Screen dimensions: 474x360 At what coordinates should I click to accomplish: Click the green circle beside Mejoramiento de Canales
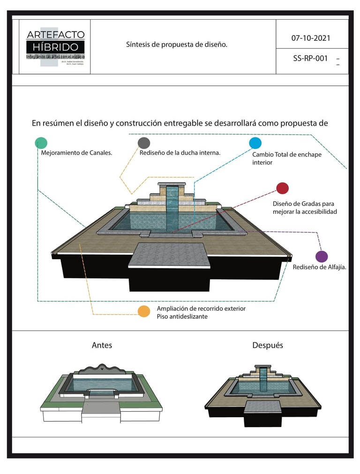tap(41, 143)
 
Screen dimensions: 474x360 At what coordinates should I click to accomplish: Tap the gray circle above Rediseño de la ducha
tap(144, 143)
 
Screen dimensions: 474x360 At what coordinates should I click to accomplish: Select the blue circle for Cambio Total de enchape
tap(255, 143)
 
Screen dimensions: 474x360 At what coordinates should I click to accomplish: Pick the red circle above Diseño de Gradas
tap(282, 188)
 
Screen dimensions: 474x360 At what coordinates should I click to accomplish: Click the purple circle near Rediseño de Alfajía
tap(321, 256)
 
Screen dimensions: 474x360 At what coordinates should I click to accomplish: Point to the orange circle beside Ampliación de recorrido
tap(144, 311)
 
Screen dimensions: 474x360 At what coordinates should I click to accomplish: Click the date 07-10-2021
tap(310, 38)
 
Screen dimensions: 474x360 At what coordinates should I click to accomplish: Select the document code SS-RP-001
tap(310, 59)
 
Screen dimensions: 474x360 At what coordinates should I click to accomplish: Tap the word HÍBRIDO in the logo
tap(55, 47)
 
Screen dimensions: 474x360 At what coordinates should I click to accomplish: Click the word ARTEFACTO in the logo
tap(55, 35)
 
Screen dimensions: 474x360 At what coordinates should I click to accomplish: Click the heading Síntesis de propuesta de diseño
tap(177, 45)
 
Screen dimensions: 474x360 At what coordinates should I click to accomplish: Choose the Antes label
tap(102, 346)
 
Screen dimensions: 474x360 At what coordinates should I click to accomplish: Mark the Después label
tap(268, 346)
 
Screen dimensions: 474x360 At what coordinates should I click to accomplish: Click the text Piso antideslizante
tap(182, 316)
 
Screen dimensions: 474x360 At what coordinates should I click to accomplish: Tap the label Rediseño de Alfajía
tap(319, 267)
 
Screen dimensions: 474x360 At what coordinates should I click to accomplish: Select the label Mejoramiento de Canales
tap(76, 153)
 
